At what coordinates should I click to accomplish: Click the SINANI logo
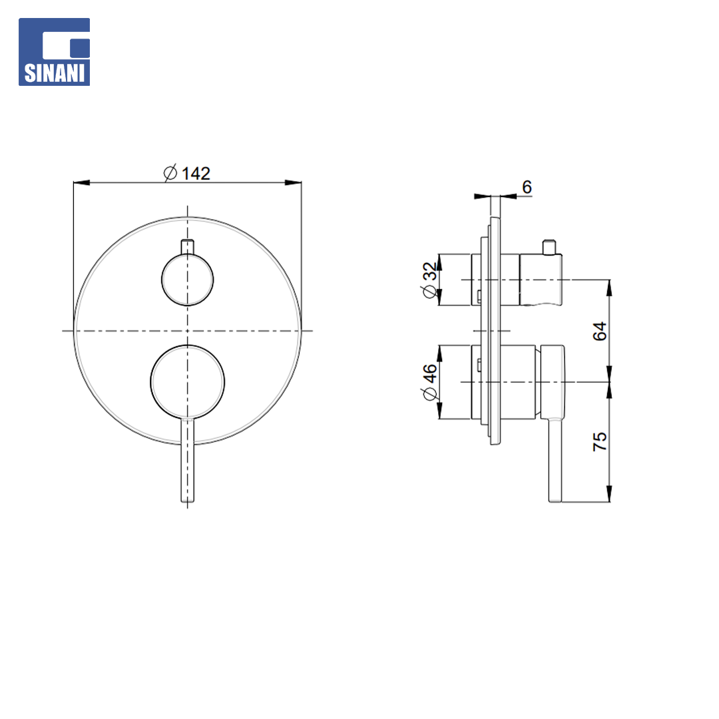click(54, 52)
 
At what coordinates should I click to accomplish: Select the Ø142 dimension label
click(187, 173)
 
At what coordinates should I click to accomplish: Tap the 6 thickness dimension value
click(527, 187)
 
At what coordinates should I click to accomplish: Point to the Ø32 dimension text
click(429, 280)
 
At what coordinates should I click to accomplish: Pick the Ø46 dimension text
click(429, 382)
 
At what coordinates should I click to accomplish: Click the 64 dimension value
click(600, 331)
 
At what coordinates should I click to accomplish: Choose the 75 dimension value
click(600, 441)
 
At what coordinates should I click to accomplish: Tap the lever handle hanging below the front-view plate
click(188, 460)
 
